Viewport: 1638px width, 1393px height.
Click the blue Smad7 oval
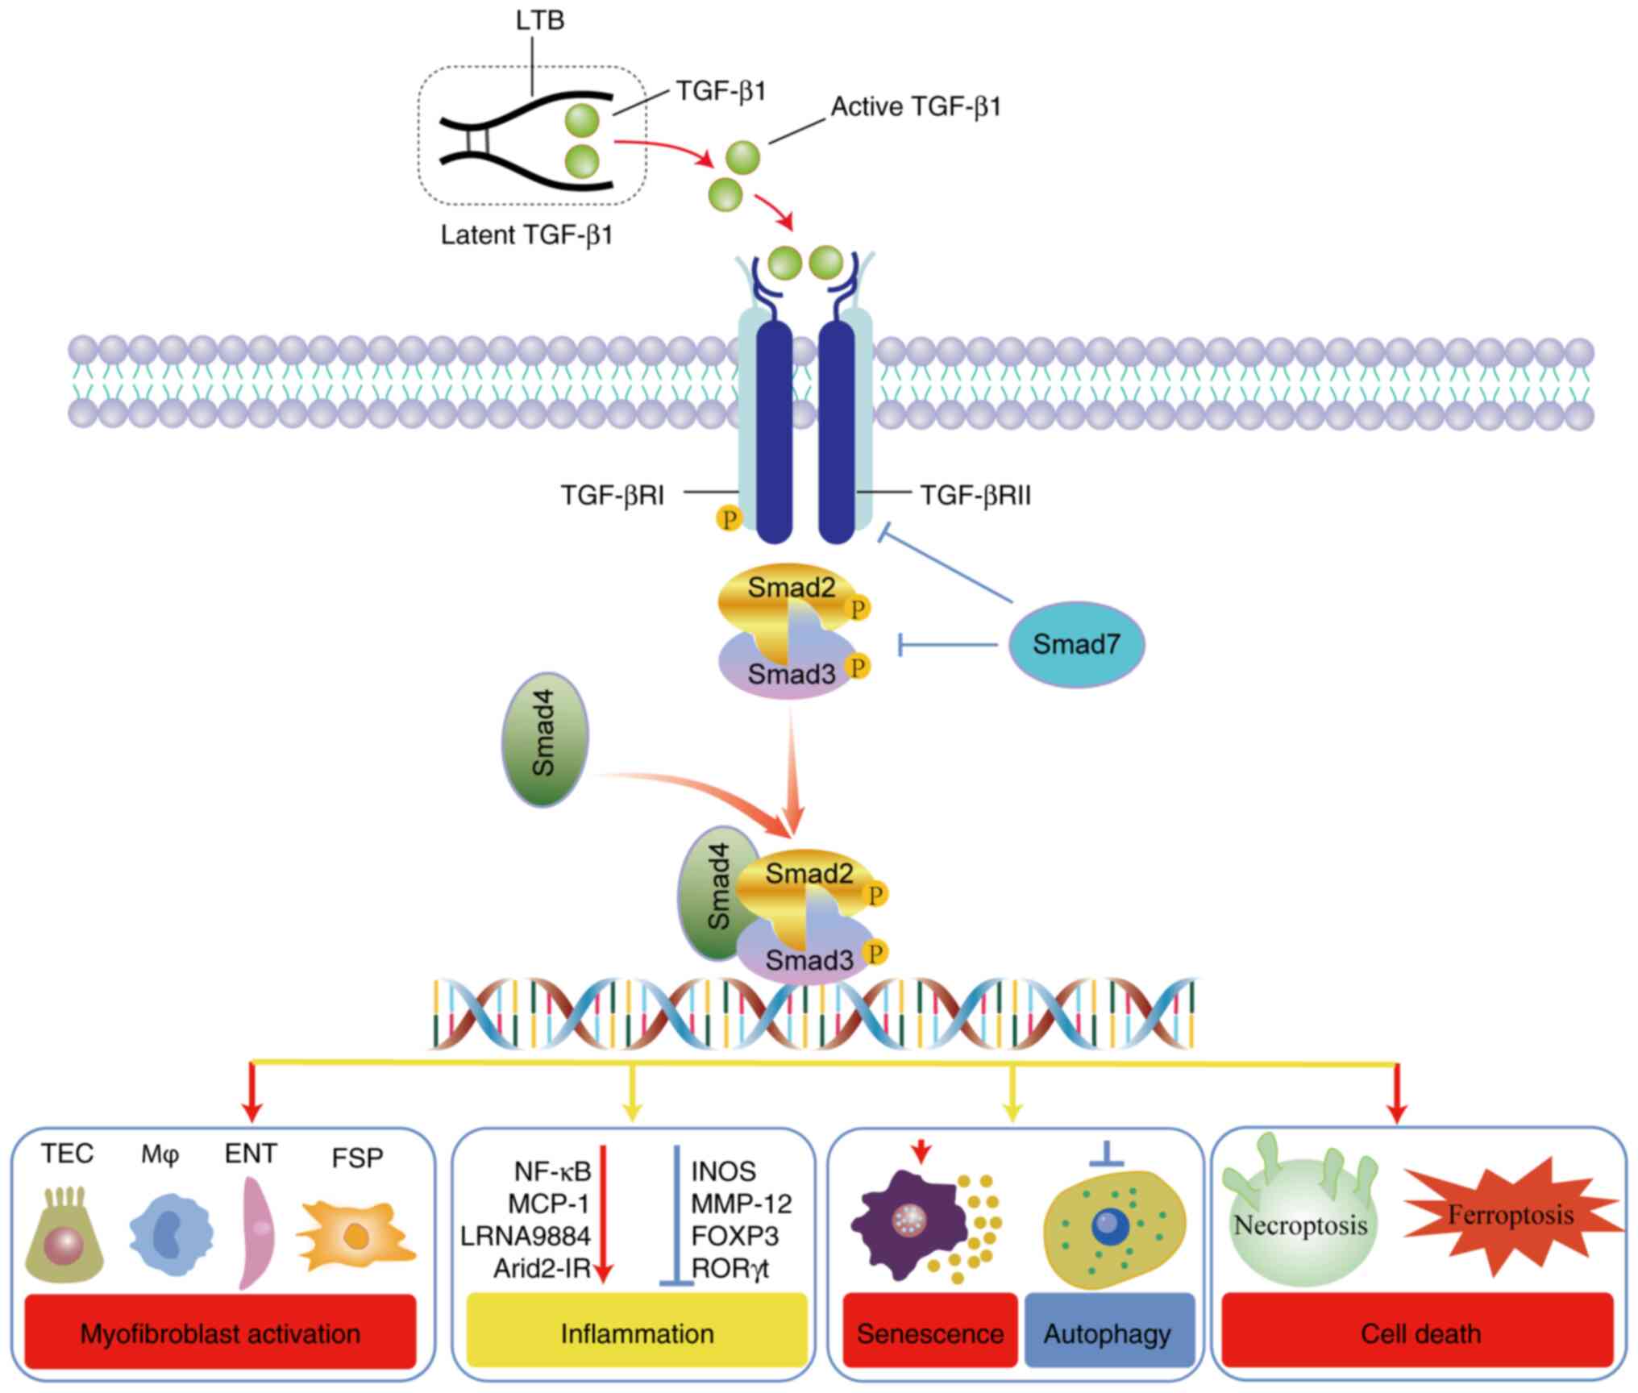pos(1076,644)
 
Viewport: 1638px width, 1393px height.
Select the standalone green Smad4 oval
pos(545,739)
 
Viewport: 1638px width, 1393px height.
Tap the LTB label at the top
pos(539,20)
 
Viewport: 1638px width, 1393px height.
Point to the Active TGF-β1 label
pos(916,107)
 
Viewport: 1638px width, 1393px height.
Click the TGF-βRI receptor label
pos(613,495)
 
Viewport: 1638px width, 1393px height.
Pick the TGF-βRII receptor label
pos(975,495)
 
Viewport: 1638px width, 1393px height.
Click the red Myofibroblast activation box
pos(220,1333)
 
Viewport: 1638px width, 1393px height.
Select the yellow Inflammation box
pos(637,1333)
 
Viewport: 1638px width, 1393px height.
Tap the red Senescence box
pos(929,1333)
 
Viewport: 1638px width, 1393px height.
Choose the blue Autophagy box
pos(1108,1333)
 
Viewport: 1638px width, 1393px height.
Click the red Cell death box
pos(1420,1333)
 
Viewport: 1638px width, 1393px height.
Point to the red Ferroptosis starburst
pos(1511,1216)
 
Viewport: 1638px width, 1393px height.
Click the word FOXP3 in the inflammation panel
pos(734,1236)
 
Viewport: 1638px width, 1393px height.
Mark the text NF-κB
pos(552,1171)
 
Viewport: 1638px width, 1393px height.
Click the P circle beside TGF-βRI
pos(729,518)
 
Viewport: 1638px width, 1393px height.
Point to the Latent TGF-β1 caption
pos(526,235)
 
